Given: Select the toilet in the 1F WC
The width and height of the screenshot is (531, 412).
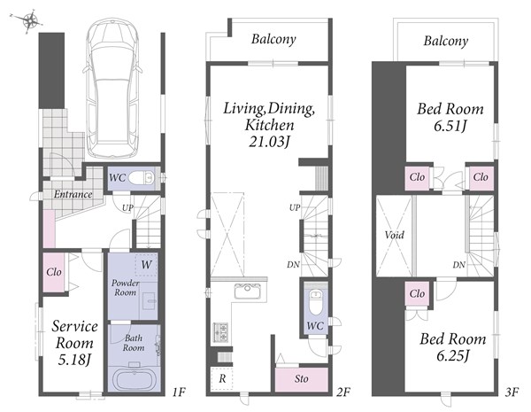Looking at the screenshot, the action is tap(142, 177).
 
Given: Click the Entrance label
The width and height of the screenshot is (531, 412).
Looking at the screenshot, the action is tap(73, 194).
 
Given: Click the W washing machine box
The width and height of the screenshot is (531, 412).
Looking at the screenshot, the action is tap(146, 265).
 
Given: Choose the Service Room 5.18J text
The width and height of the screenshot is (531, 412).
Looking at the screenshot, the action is tap(74, 343).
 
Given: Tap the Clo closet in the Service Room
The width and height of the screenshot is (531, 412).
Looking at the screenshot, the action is tap(54, 272).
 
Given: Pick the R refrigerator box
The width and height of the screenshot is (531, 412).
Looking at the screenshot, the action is tap(222, 378).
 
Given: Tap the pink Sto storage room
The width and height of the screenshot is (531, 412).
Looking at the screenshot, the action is tap(302, 379).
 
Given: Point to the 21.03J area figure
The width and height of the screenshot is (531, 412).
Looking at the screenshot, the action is tap(270, 142).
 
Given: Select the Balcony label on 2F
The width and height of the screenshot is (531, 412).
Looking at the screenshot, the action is tap(273, 39).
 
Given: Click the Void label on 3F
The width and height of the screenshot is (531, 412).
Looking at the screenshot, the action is tap(394, 235).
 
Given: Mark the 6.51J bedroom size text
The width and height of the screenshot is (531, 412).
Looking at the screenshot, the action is tap(450, 126).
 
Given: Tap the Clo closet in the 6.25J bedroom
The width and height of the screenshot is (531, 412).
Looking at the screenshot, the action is tap(417, 293).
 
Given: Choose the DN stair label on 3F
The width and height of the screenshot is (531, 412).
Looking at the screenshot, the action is tap(458, 265).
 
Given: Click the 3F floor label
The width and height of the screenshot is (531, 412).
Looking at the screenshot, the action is tap(512, 393).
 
